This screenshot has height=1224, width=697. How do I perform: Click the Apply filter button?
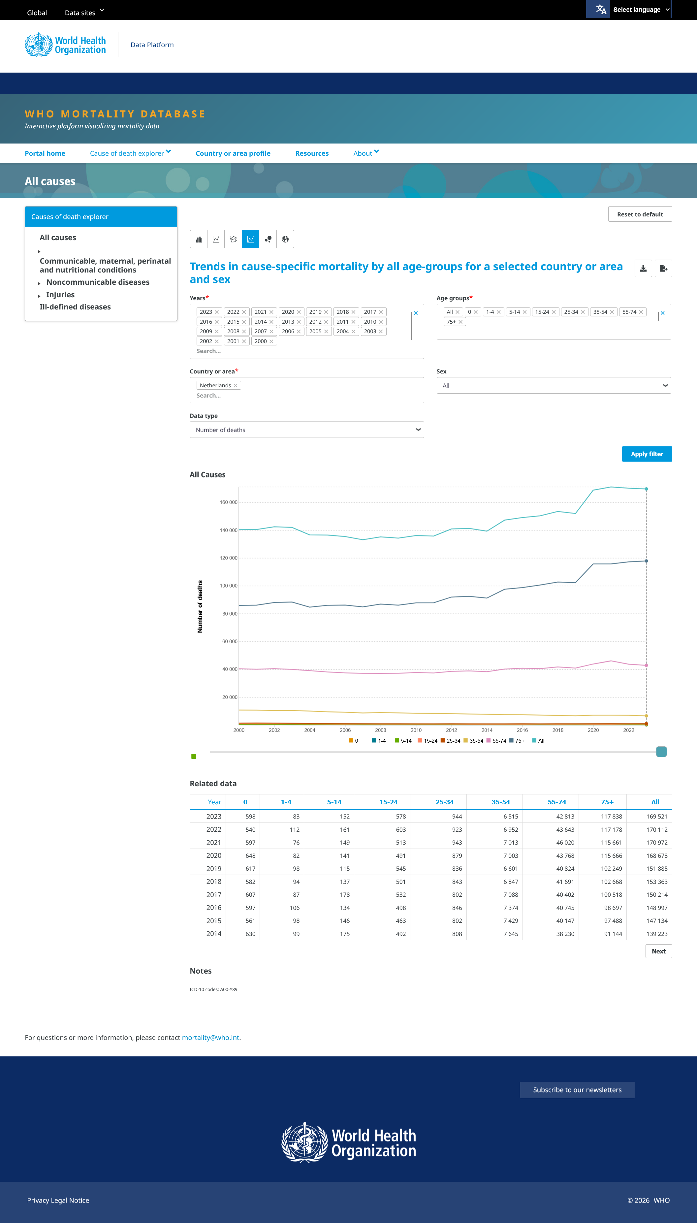click(647, 454)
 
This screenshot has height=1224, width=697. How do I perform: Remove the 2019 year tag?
click(326, 312)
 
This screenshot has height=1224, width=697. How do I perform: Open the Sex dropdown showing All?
click(554, 385)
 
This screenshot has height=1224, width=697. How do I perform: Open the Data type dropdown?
click(306, 430)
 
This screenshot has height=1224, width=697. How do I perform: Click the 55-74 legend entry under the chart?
click(496, 741)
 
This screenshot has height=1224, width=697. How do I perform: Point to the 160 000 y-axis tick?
click(228, 502)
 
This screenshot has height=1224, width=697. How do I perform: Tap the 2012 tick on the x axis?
click(452, 730)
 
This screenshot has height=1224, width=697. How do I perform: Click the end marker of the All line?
click(646, 489)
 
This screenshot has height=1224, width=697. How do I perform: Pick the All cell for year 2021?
click(657, 843)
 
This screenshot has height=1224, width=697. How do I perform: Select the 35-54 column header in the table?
click(500, 802)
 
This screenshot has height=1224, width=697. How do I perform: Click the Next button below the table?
click(658, 951)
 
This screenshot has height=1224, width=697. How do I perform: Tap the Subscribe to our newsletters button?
click(577, 1089)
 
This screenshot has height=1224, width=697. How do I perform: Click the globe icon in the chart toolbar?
click(285, 239)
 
